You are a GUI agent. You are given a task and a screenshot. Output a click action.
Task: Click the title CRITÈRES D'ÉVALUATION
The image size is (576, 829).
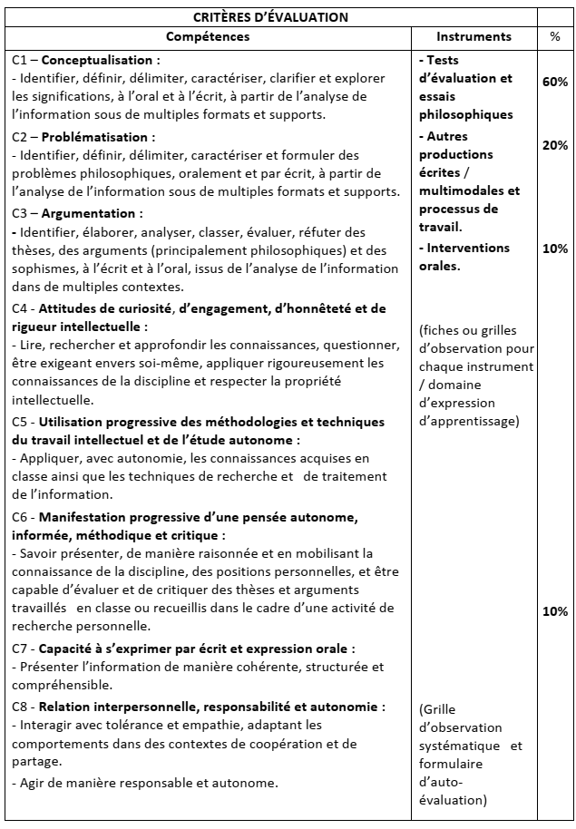270,16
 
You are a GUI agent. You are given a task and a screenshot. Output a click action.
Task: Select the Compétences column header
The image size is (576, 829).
208,37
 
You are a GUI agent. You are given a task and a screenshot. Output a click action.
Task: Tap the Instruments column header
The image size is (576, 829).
473,37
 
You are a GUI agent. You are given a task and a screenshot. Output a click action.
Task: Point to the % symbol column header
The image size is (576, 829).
554,37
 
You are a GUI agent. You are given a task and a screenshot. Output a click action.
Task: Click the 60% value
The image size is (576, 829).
554,82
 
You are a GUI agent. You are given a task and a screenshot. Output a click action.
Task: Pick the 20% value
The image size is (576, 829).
554,145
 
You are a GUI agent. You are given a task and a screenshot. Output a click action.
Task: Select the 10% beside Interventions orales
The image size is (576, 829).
554,249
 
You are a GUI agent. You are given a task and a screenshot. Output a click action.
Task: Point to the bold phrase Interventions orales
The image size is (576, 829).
467,257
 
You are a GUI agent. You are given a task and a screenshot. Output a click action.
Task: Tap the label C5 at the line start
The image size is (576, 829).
21,422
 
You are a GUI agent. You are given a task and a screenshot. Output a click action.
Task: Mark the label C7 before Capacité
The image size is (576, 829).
21,649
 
